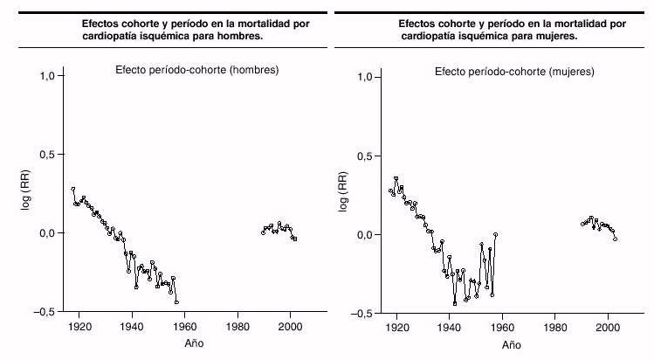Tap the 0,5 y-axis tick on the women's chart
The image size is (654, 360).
pyautogui.click(x=370, y=156)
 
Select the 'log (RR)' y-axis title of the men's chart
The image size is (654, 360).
pyautogui.click(x=25, y=193)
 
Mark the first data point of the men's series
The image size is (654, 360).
pyautogui.click(x=73, y=189)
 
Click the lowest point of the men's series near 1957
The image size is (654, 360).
pyautogui.click(x=177, y=302)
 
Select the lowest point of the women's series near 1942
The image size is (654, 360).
pyautogui.click(x=455, y=303)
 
